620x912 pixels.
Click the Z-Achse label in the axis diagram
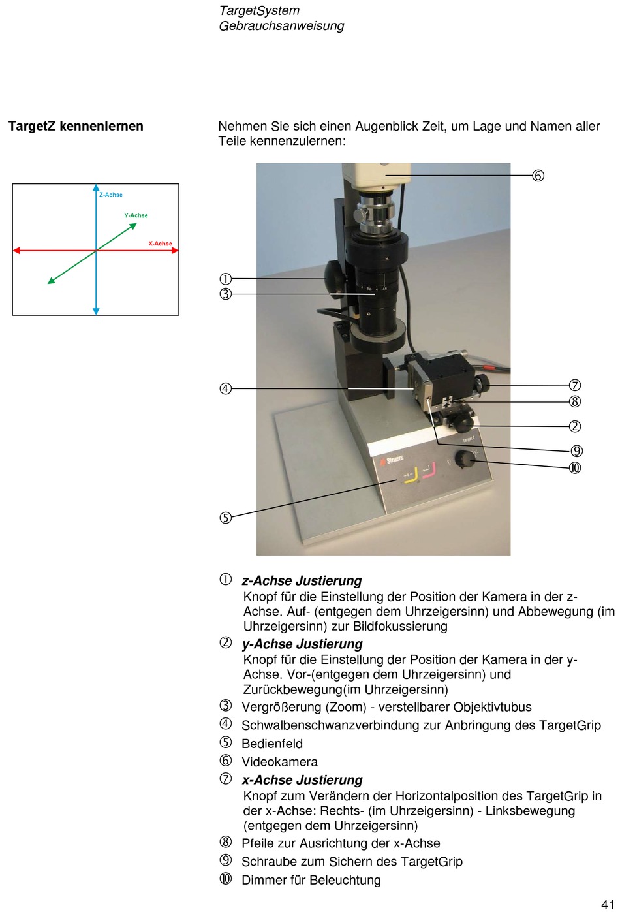coord(111,195)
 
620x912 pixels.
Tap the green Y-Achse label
coord(136,215)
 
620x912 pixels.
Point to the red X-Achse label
coord(160,244)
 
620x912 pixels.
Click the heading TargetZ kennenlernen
coord(76,126)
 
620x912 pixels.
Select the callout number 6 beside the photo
coord(538,176)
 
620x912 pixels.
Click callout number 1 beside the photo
coord(226,279)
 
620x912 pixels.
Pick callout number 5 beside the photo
coord(226,518)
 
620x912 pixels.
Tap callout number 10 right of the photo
coord(575,468)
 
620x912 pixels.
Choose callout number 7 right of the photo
coord(575,385)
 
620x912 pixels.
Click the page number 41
coord(608,905)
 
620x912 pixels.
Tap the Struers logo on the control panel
coord(392,460)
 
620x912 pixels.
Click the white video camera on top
coord(376,176)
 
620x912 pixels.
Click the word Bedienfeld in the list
coord(272,744)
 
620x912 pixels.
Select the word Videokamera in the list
coord(280,762)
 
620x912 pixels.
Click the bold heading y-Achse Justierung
coord(302,644)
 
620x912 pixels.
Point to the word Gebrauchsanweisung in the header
coord(281,26)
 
